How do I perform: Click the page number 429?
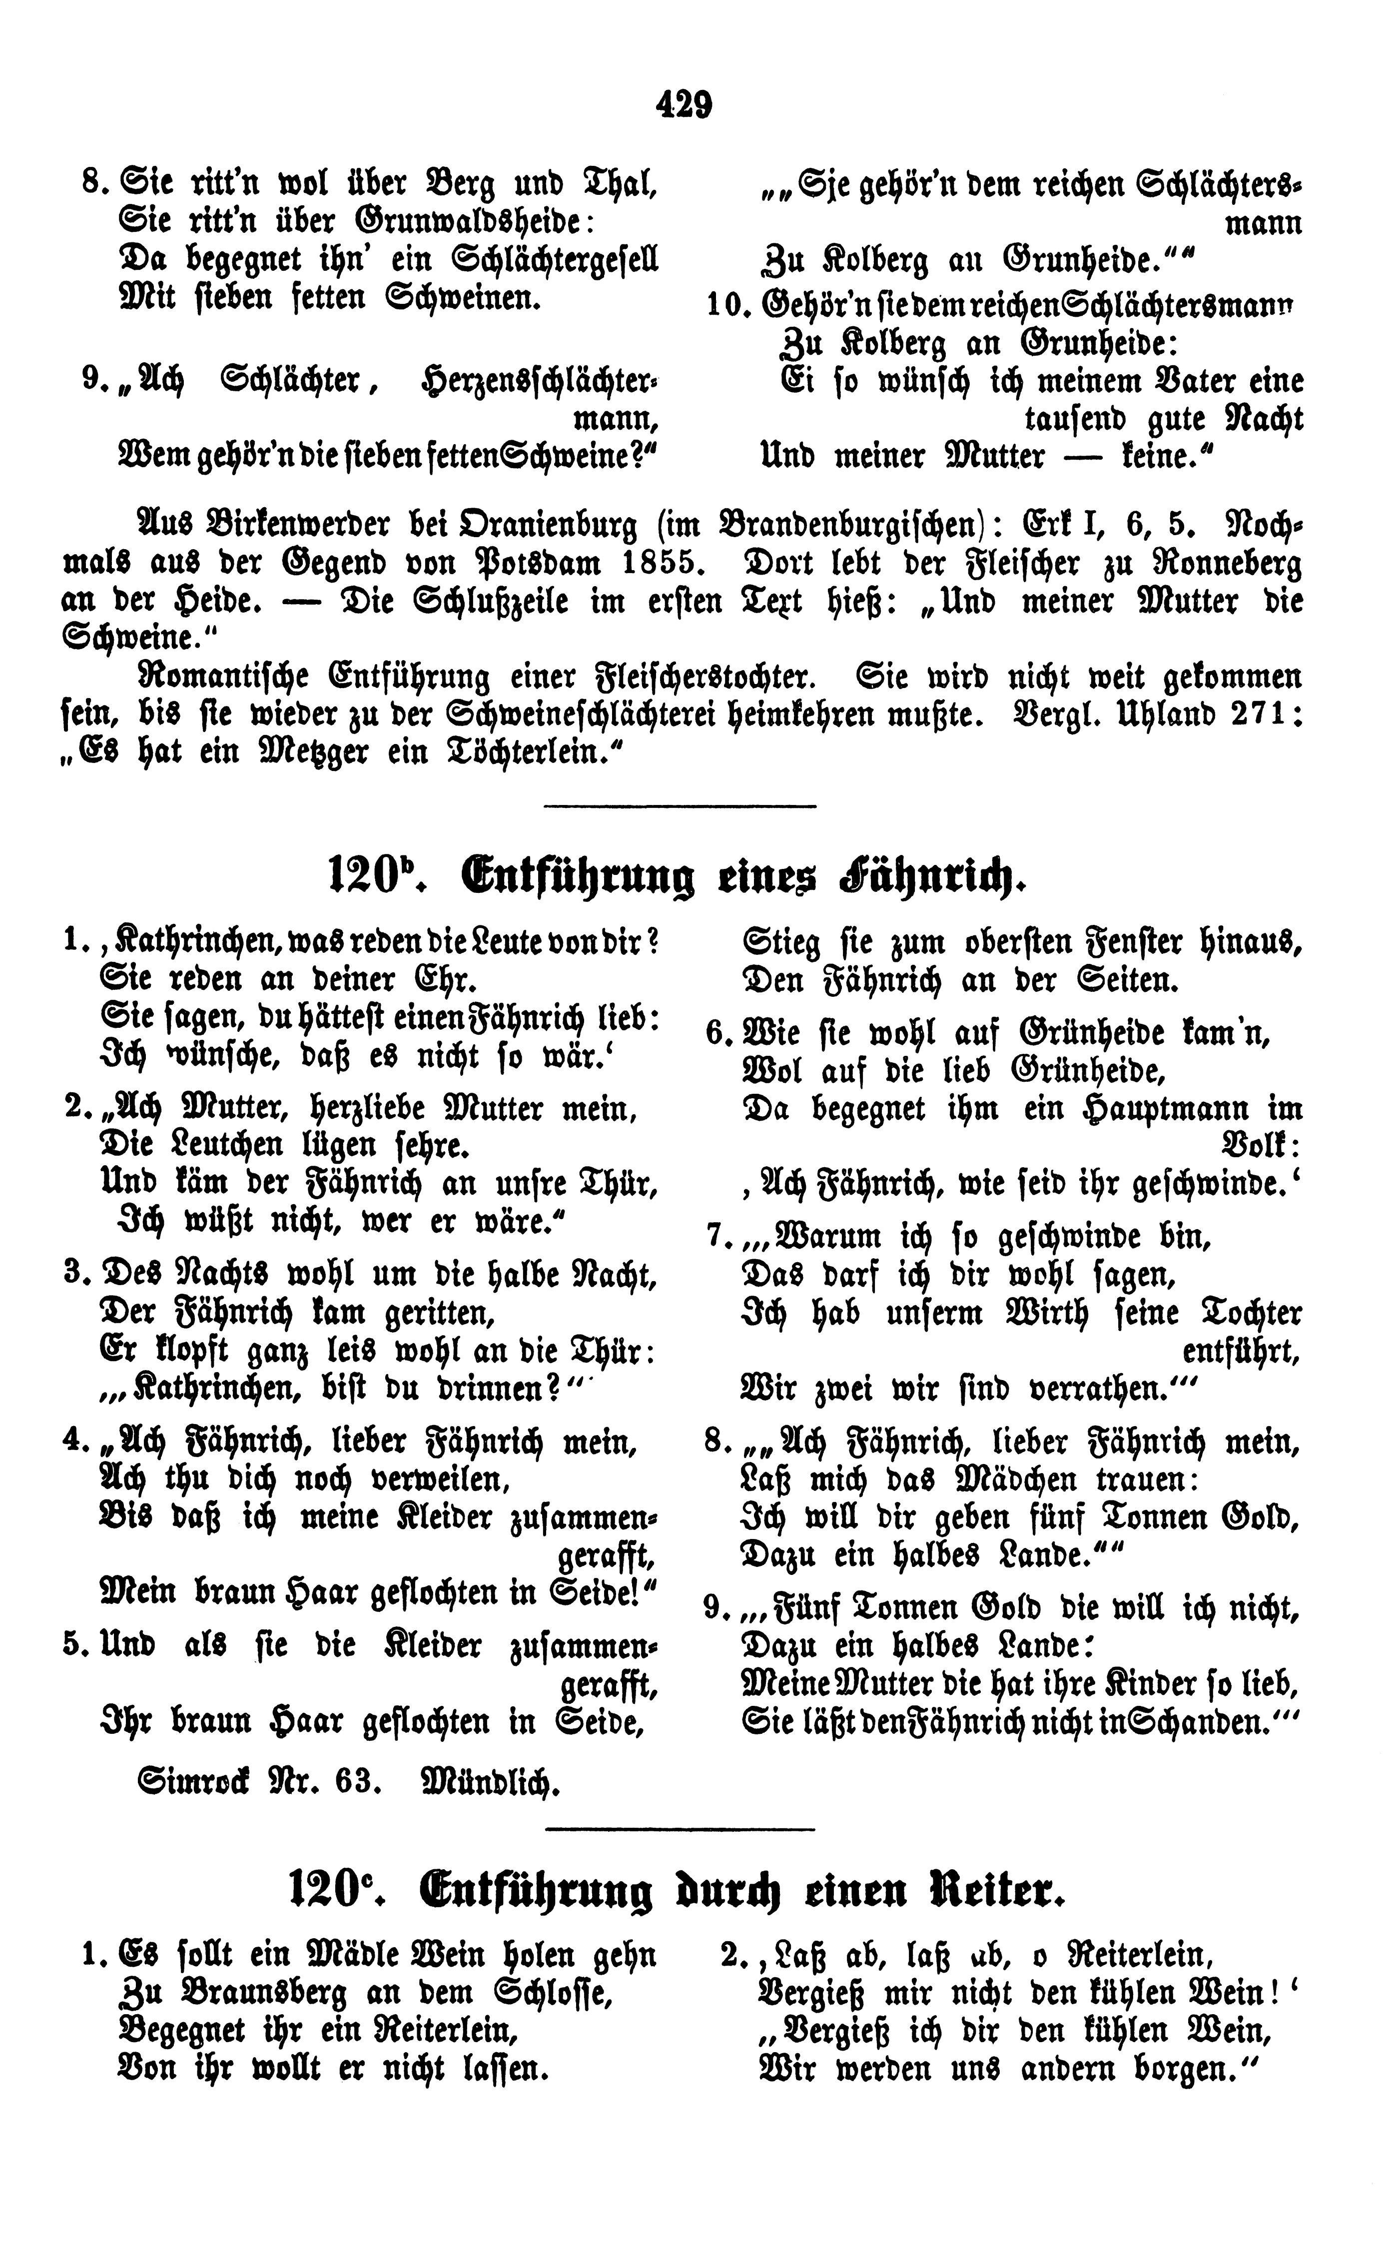point(685,103)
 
